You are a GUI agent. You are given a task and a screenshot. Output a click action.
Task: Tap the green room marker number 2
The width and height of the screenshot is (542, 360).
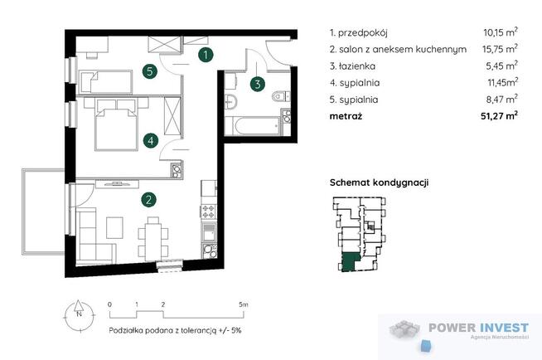click(x=147, y=199)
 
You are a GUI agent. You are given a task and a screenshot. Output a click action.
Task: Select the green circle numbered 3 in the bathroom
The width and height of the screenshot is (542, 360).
click(x=258, y=83)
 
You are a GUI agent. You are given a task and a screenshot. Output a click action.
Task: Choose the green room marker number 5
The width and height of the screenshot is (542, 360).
click(x=148, y=71)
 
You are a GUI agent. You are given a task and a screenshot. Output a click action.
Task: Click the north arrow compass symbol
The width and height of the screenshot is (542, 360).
click(x=75, y=312)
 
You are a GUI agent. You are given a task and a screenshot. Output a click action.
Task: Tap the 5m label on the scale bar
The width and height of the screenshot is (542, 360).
click(x=241, y=305)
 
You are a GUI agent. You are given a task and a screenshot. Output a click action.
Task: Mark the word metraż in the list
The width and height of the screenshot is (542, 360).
click(x=346, y=116)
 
